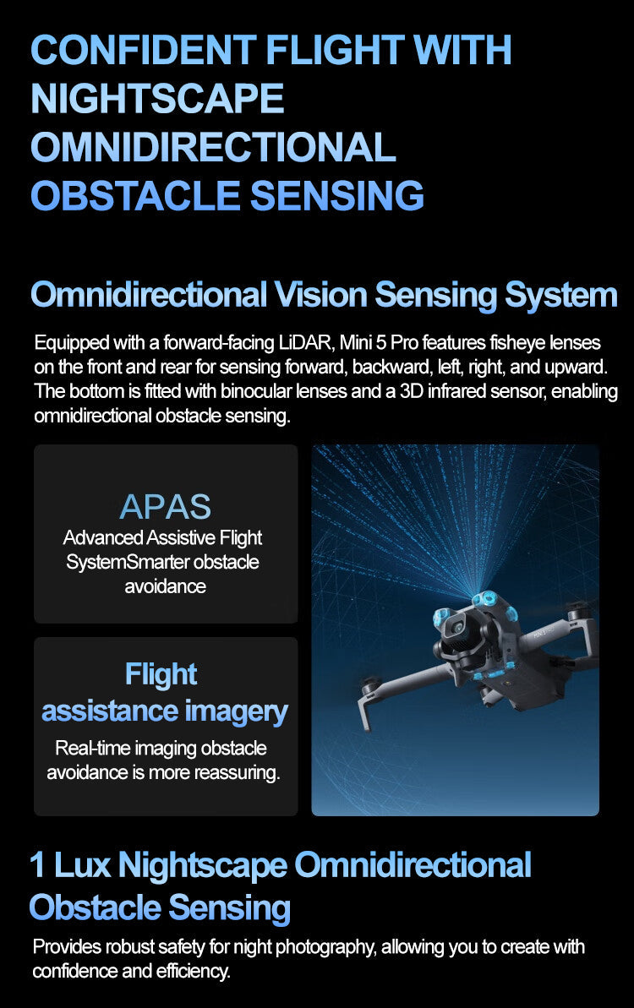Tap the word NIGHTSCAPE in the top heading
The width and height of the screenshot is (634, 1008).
tap(157, 98)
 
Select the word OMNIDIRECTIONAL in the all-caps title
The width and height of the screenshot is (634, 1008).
tap(213, 147)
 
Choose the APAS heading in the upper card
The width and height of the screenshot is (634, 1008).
tap(166, 506)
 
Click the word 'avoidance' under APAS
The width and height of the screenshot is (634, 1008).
tap(166, 586)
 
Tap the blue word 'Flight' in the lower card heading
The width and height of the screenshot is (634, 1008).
tap(161, 674)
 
